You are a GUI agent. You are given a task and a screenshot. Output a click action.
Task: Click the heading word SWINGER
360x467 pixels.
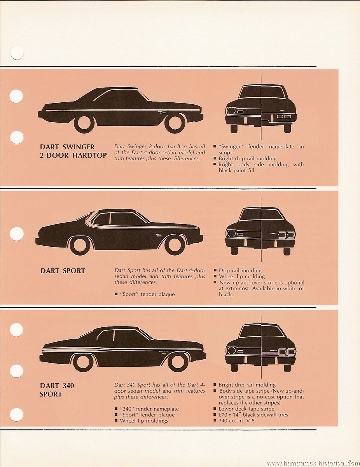pyautogui.click(x=79, y=147)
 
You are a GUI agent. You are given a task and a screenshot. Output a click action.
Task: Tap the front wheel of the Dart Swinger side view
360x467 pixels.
pyautogui.click(x=175, y=123)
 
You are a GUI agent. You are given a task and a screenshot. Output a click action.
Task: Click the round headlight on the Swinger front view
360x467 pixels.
pyautogui.click(x=231, y=111)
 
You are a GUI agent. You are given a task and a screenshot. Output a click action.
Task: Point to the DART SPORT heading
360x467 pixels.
pyautogui.click(x=63, y=271)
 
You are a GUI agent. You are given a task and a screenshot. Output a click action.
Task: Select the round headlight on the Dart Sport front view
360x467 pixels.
pyautogui.click(x=231, y=233)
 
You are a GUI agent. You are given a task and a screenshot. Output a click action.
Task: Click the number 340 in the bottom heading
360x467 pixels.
pyautogui.click(x=68, y=386)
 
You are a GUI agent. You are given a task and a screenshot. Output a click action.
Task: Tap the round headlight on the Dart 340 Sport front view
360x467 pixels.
pyautogui.click(x=231, y=351)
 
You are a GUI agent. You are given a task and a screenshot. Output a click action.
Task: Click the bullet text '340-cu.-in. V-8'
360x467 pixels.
pyautogui.click(x=236, y=421)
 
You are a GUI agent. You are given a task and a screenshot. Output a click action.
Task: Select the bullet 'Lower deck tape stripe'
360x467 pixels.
pyautogui.click(x=246, y=409)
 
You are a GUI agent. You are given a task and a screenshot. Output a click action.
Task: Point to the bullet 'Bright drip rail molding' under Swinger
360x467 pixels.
pyautogui.click(x=248, y=159)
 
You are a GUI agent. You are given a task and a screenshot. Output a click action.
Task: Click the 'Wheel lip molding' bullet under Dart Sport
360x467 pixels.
pyautogui.click(x=242, y=277)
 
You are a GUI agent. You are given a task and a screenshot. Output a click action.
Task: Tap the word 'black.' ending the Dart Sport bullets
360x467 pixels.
pyautogui.click(x=226, y=295)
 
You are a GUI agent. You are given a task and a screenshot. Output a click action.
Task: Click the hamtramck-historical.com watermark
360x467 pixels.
pyautogui.click(x=313, y=463)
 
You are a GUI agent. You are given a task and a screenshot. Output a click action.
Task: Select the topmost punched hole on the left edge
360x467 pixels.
pyautogui.click(x=17, y=53)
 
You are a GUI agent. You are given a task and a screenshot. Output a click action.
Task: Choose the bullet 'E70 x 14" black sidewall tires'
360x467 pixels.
pyautogui.click(x=253, y=415)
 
